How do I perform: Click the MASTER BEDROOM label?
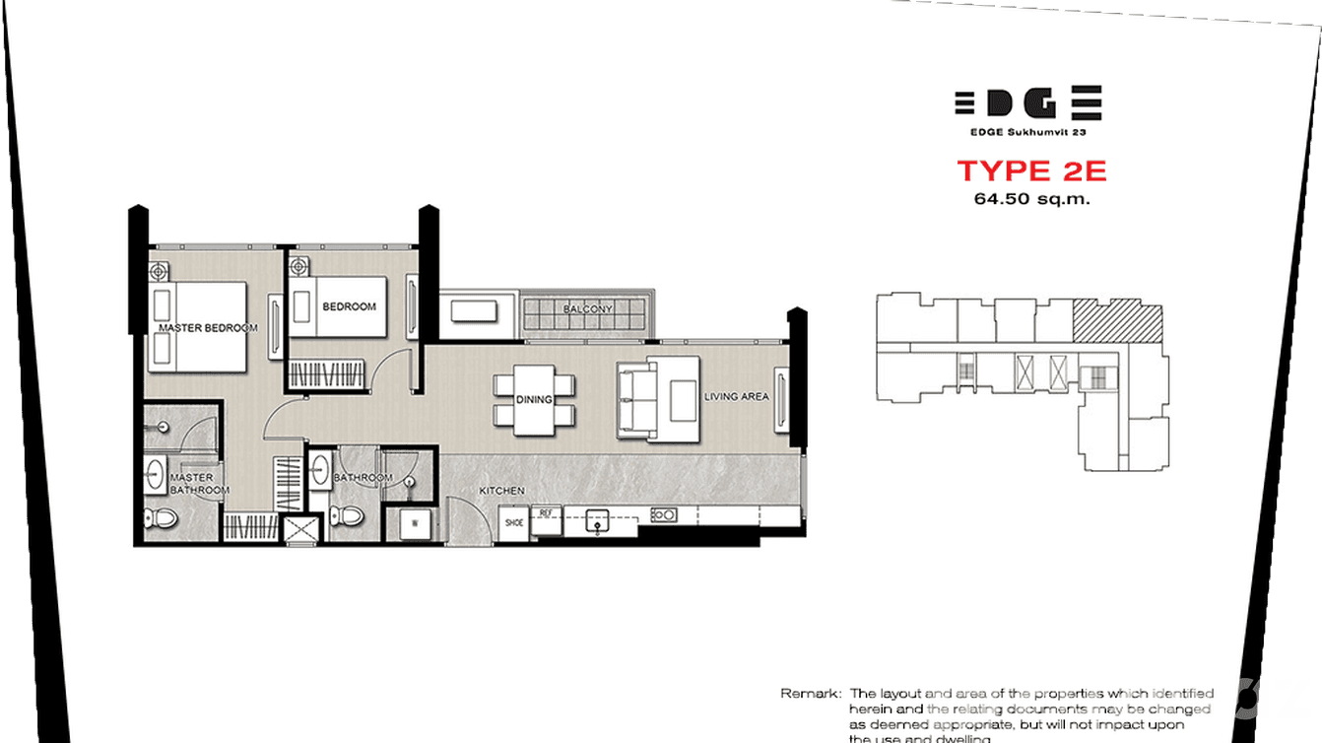[208, 327]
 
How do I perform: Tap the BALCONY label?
[588, 308]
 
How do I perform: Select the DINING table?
[533, 399]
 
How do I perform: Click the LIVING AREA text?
[736, 397]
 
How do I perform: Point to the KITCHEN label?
[501, 490]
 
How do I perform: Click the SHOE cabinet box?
[514, 523]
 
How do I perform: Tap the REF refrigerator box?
[545, 514]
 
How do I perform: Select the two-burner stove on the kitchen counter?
[664, 513]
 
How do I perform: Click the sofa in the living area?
[635, 399]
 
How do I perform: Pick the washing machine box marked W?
[414, 523]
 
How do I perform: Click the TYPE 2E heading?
[1031, 170]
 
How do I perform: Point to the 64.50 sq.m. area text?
[1031, 198]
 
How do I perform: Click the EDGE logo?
[1027, 103]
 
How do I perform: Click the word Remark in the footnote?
[811, 694]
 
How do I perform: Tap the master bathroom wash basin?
[154, 475]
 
